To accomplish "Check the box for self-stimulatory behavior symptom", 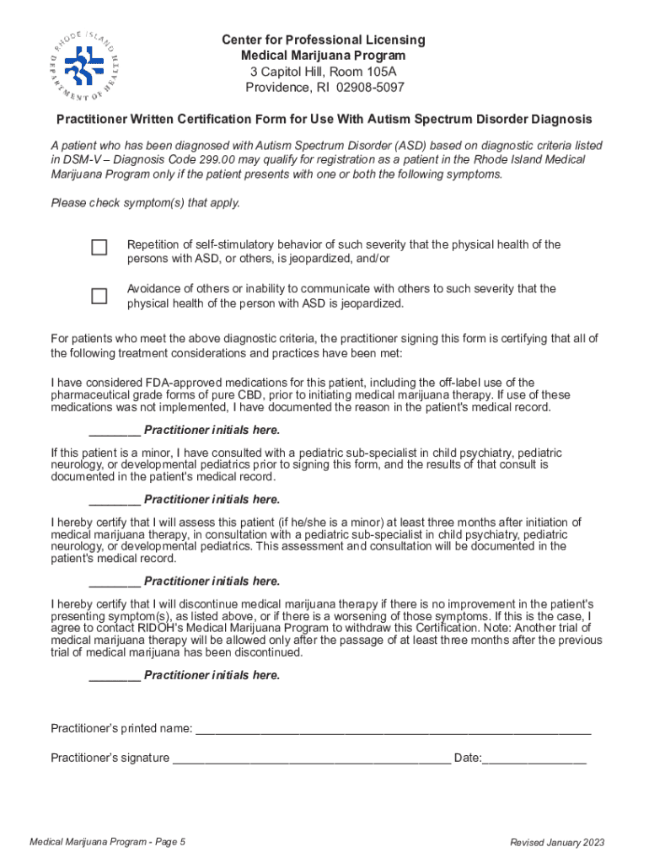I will [99, 247].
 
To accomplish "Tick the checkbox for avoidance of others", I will [99, 296].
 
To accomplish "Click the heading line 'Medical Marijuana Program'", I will [324, 56].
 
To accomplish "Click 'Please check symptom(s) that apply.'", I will [146, 202].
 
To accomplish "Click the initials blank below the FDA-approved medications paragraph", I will [114, 430].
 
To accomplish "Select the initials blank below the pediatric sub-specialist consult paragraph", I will [114, 500].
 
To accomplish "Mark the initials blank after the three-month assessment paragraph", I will [114, 582].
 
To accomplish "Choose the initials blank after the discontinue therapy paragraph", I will [114, 675].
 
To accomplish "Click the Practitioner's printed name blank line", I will [393, 729].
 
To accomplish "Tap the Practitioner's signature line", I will [311, 758].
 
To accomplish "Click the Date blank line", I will [534, 758].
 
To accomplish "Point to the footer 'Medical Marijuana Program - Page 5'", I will [107, 843].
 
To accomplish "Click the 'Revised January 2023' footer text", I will [557, 843].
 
